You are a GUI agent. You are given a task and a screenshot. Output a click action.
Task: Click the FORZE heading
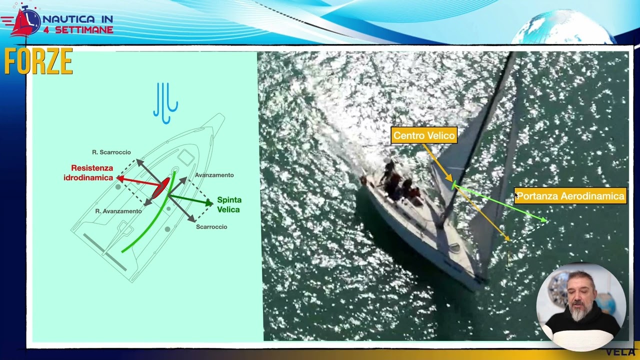(38, 61)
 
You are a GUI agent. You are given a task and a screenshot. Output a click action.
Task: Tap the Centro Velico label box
(424, 135)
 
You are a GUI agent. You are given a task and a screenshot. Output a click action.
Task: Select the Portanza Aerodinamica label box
(570, 196)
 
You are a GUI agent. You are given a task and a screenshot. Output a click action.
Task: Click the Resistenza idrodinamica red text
(88, 173)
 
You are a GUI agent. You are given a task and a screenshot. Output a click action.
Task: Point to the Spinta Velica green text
(229, 205)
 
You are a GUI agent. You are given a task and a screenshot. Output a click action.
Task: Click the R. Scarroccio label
(111, 152)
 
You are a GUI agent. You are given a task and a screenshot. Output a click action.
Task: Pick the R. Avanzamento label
(118, 211)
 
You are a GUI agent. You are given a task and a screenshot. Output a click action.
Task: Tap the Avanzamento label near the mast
(214, 175)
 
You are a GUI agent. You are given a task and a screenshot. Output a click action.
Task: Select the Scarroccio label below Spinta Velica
(211, 227)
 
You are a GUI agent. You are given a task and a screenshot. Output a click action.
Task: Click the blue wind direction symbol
(165, 103)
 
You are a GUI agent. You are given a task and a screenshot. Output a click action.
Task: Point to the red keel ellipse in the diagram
(160, 188)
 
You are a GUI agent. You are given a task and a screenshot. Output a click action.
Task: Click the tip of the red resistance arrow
(117, 178)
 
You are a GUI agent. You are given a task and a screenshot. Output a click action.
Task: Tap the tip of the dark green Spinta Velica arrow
(213, 203)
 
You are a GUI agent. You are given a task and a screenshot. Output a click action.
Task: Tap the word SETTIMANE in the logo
(84, 29)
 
